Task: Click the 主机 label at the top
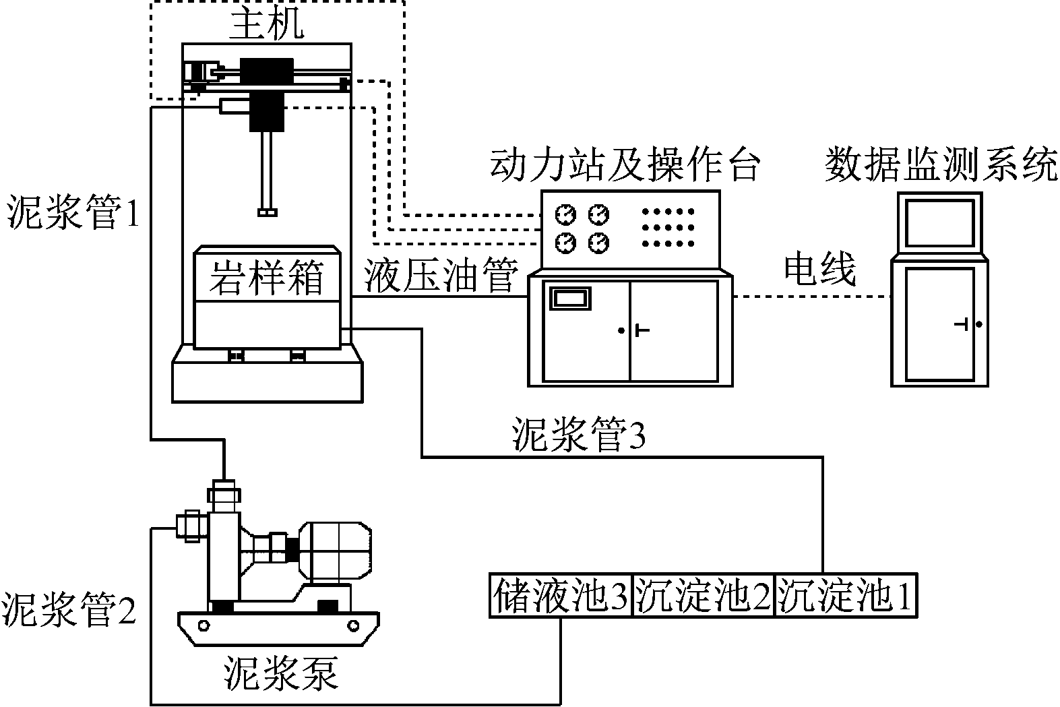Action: pos(267,25)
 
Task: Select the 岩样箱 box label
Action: pos(266,277)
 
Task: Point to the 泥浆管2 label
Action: pos(69,610)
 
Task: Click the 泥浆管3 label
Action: pos(579,436)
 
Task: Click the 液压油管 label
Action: pos(441,276)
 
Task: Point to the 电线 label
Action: pos(819,270)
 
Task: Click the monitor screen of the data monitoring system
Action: pos(939,223)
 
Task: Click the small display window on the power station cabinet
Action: pos(570,298)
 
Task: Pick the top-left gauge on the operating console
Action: pos(566,215)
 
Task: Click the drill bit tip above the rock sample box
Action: pos(268,213)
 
